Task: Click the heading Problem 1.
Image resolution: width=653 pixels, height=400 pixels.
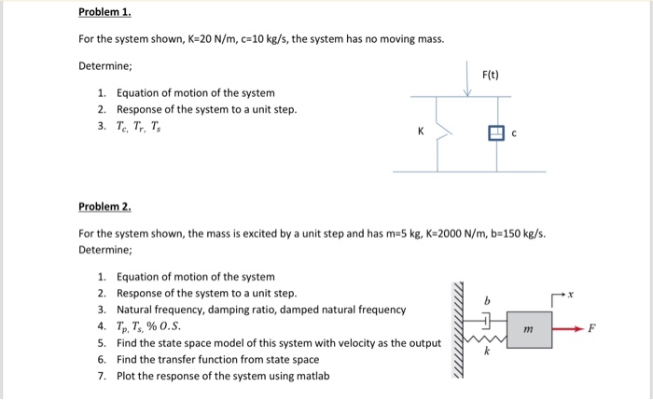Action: (x=105, y=15)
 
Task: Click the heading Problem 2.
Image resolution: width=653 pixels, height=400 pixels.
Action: (x=105, y=206)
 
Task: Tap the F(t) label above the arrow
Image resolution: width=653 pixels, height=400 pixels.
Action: (x=491, y=74)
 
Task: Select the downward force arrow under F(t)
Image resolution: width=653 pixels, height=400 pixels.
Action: (x=470, y=78)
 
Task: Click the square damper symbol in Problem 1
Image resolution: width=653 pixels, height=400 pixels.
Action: (x=495, y=132)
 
